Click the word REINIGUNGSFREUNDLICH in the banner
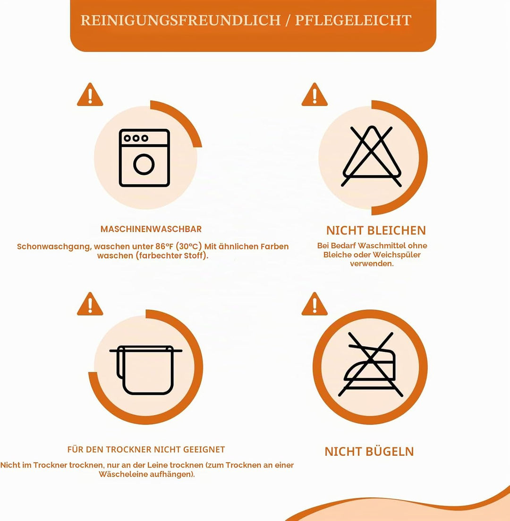coord(181,20)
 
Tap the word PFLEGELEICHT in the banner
coord(353,20)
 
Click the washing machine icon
coord(144,158)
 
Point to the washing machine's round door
coord(144,164)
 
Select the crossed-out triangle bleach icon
coord(372,156)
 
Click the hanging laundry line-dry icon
coord(145,370)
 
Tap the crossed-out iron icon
coord(370,365)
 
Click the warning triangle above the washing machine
coord(90,94)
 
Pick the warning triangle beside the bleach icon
coord(314,94)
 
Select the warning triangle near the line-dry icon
coord(90,304)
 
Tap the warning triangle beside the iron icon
coord(314,304)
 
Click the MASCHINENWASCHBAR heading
coord(151,229)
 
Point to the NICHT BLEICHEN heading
coord(376,230)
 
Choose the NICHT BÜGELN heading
coord(369,452)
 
